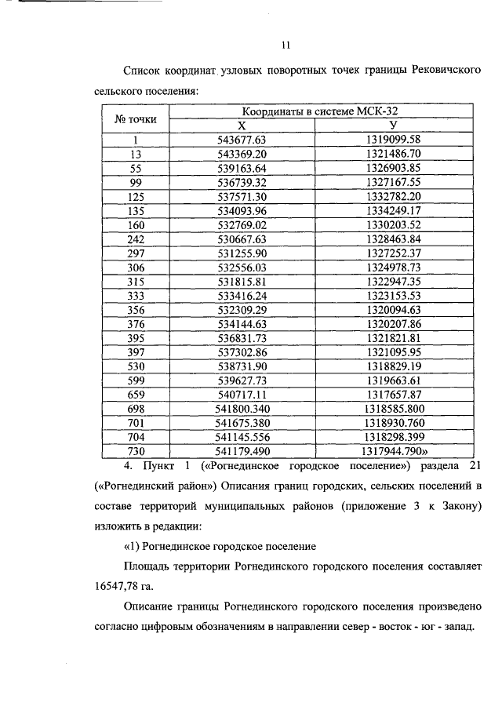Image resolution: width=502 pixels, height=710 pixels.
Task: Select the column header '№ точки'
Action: [136, 119]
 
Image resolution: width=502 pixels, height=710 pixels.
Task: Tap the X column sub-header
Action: [242, 126]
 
